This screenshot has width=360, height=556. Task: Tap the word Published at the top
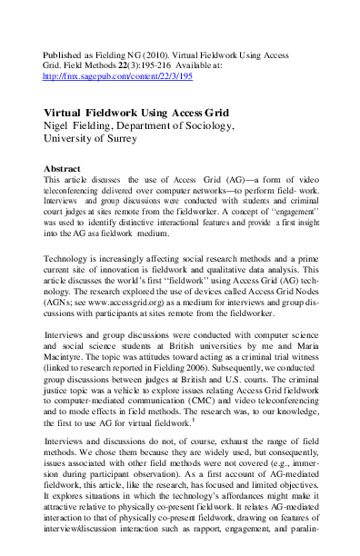click(64, 55)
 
